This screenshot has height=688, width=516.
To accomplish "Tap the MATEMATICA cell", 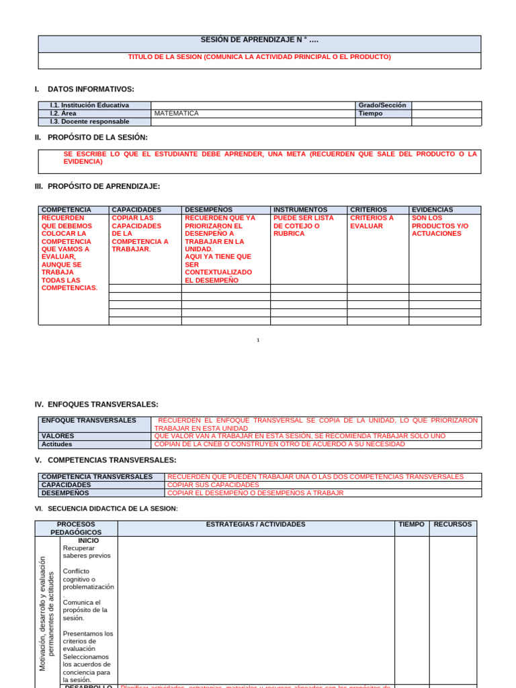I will click(x=177, y=114).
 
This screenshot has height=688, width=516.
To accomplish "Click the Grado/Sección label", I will click(x=382, y=105).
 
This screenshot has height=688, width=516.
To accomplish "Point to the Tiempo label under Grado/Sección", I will click(x=371, y=114).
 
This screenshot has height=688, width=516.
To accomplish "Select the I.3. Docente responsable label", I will click(x=89, y=122).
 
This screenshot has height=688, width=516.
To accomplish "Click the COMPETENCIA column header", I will click(x=66, y=210).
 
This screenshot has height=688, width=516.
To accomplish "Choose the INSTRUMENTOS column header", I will click(x=300, y=210).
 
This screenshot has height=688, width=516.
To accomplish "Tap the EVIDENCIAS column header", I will click(x=432, y=210).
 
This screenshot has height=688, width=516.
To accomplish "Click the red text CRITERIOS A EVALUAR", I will click(x=372, y=222).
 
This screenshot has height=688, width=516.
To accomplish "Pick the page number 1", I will click(x=258, y=340).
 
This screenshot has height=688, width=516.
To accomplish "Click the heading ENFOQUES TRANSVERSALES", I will click(x=103, y=404).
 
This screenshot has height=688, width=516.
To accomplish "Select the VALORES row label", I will click(x=58, y=436).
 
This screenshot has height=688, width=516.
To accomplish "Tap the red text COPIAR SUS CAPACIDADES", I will click(x=212, y=484).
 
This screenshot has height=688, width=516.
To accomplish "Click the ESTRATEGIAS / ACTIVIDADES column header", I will click(x=255, y=524).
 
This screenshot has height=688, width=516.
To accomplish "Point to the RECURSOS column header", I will click(x=453, y=524).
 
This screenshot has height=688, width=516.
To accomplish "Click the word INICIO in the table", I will click(x=88, y=540).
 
